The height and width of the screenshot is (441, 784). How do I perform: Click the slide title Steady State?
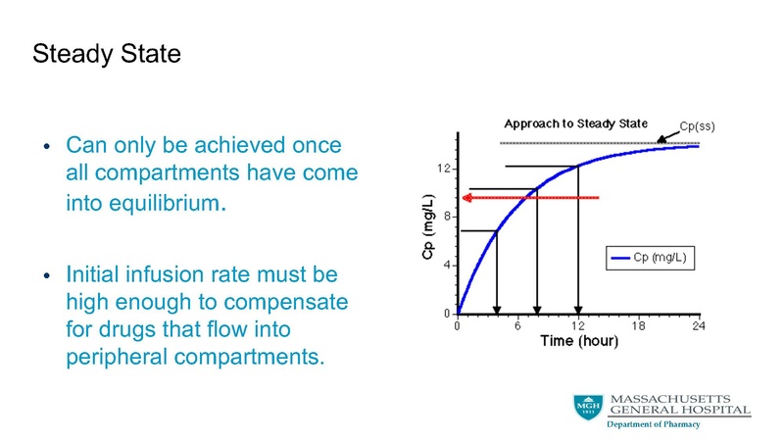point(107,53)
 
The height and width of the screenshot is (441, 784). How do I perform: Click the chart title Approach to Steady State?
point(575,124)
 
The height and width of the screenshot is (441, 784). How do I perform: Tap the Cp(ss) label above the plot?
point(702,126)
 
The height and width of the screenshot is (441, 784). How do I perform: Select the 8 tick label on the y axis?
point(446,217)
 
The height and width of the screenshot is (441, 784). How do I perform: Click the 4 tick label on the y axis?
point(446,265)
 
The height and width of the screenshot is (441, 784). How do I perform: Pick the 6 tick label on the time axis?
point(517,325)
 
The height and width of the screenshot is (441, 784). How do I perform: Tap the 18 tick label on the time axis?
point(638,325)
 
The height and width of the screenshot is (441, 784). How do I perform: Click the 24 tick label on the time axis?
point(698,325)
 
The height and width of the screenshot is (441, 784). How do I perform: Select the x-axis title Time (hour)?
point(577,341)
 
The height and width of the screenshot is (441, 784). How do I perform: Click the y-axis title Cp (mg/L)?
point(426,241)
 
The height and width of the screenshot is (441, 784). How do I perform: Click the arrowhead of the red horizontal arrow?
point(467,198)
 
